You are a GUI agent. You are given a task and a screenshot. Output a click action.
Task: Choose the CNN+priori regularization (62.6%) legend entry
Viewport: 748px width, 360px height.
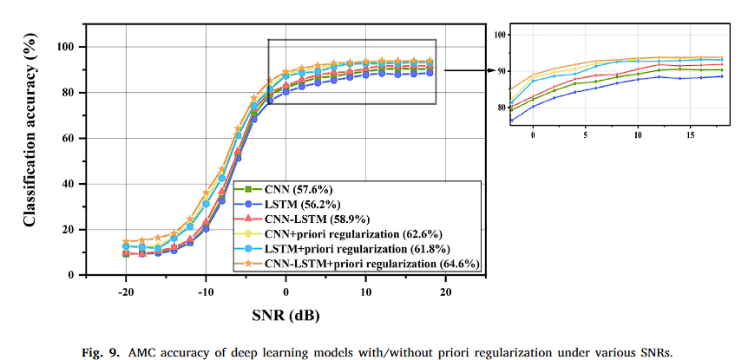(339, 233)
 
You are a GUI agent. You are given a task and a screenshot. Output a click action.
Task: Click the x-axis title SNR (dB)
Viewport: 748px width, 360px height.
(285, 315)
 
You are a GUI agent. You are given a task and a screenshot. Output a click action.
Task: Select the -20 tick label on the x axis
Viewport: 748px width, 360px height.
(126, 291)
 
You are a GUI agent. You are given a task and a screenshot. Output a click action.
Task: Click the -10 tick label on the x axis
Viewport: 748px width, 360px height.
(206, 291)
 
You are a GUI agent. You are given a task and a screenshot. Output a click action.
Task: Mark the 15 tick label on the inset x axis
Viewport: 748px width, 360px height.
(690, 135)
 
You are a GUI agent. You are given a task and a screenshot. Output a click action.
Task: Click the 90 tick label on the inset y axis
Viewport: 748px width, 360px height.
(501, 71)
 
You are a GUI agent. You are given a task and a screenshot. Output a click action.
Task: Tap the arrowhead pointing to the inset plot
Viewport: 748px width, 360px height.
(494, 70)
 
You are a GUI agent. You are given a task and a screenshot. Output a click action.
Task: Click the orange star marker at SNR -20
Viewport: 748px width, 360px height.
(126, 242)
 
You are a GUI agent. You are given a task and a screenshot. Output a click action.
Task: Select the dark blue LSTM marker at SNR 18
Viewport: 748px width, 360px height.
(430, 73)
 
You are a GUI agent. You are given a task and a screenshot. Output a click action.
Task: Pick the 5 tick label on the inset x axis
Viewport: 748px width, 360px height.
(586, 135)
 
